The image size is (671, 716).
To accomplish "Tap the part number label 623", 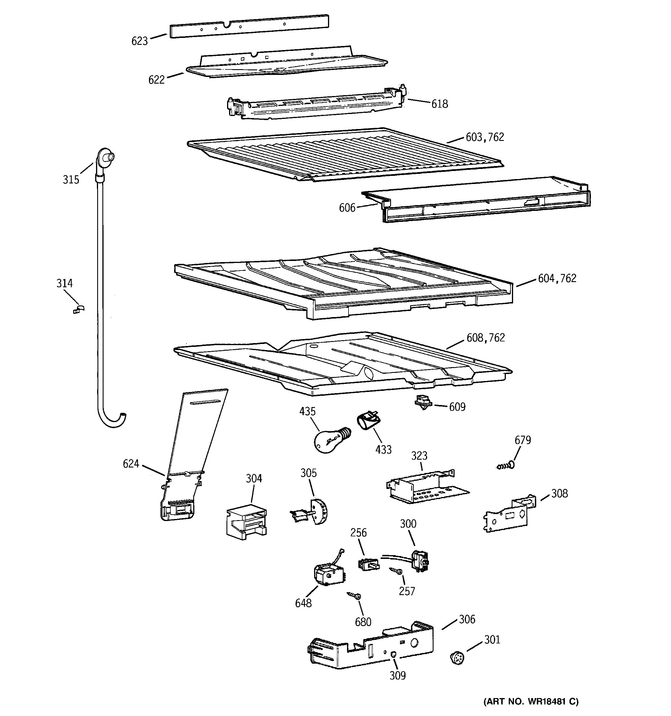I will click(139, 41).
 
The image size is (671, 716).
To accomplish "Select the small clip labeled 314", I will click(78, 309).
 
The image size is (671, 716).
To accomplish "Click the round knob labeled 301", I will click(457, 658).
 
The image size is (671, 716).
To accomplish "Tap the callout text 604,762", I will click(557, 278).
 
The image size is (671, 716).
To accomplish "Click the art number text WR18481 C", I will click(531, 702).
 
